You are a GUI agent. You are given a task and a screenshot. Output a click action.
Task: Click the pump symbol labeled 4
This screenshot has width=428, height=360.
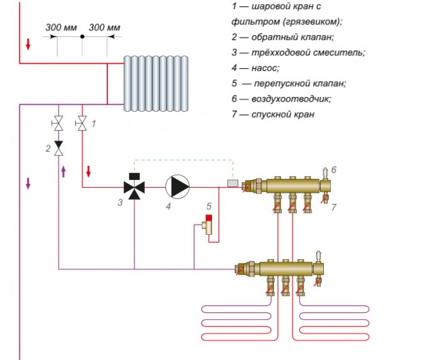pyautogui.click(x=178, y=187)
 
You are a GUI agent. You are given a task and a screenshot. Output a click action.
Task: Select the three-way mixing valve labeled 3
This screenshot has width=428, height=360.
pyautogui.click(x=134, y=187)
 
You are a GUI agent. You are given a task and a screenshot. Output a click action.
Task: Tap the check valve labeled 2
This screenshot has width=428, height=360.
pyautogui.click(x=59, y=148)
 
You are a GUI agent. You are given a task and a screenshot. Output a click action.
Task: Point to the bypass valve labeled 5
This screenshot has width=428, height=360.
pyautogui.click(x=208, y=225)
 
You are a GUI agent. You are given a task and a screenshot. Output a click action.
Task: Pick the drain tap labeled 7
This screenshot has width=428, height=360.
pyautogui.click(x=325, y=199)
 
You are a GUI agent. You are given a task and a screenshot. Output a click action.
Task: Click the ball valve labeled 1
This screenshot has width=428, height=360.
pyautogui.click(x=82, y=123)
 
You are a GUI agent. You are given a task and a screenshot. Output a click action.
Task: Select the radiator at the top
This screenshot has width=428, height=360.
pyautogui.click(x=157, y=80)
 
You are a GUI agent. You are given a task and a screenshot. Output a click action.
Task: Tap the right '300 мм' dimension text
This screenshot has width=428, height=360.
pyautogui.click(x=104, y=28)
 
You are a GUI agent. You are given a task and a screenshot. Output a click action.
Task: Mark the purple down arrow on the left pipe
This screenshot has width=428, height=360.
pyautogui.click(x=28, y=183)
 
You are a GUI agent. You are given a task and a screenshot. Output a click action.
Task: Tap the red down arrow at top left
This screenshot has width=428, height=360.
pyautogui.click(x=28, y=45)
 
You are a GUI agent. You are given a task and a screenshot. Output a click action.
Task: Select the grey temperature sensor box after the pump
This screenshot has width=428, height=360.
pyautogui.click(x=233, y=184)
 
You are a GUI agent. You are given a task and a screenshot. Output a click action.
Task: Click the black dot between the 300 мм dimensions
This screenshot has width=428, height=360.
pyautogui.click(x=82, y=37)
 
